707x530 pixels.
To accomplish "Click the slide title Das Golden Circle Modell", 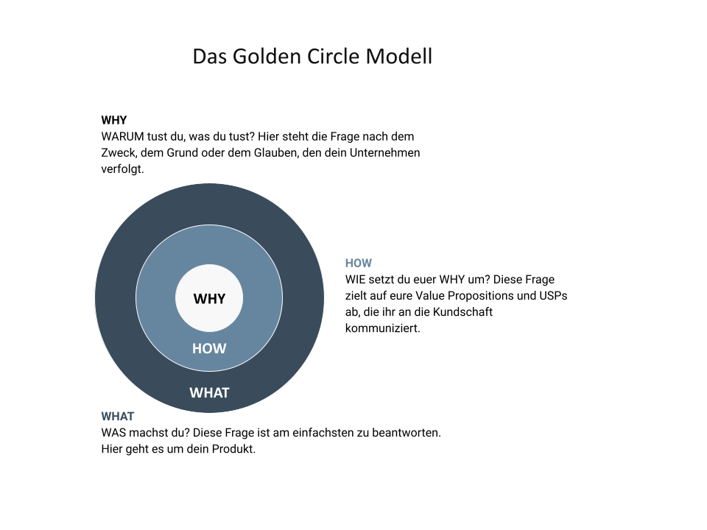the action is coord(312,57).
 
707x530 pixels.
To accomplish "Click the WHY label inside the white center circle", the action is coord(209,299).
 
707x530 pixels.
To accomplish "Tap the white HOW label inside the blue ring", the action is coord(209,348).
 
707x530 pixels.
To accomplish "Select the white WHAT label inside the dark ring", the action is coord(209,392).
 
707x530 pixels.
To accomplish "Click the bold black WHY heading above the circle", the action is coord(114,120).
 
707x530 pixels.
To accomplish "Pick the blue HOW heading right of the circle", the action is coord(359,264).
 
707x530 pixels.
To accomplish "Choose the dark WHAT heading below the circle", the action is coord(118,417).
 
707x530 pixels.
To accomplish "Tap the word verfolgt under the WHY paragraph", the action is coord(123,169).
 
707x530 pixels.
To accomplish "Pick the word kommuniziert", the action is coord(383,328).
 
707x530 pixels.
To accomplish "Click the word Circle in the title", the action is coord(333,57).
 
